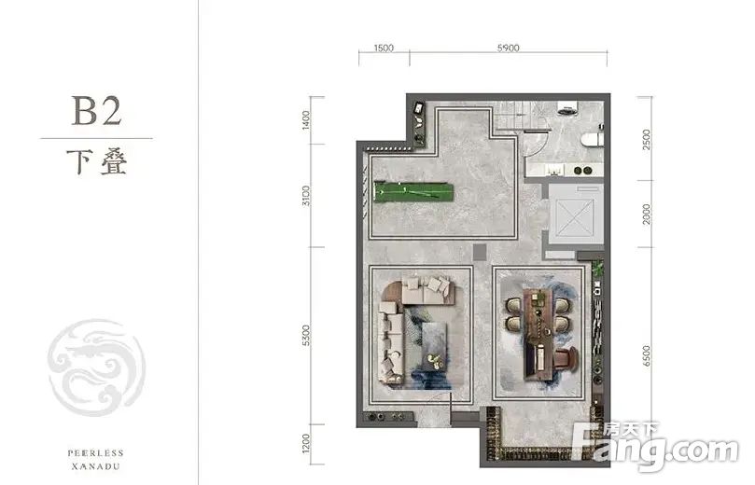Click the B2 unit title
96,111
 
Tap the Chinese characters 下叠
97,162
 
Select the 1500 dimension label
384,48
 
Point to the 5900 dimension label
508,48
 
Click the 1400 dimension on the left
306,120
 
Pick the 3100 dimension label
306,196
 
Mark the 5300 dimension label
306,336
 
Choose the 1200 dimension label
306,444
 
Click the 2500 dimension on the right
646,140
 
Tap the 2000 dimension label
646,215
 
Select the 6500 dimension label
646,356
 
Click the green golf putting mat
413,192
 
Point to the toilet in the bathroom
593,140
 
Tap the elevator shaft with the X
575,217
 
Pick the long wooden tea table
538,332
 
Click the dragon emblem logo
97,367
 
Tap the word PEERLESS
96,453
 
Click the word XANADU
96,466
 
